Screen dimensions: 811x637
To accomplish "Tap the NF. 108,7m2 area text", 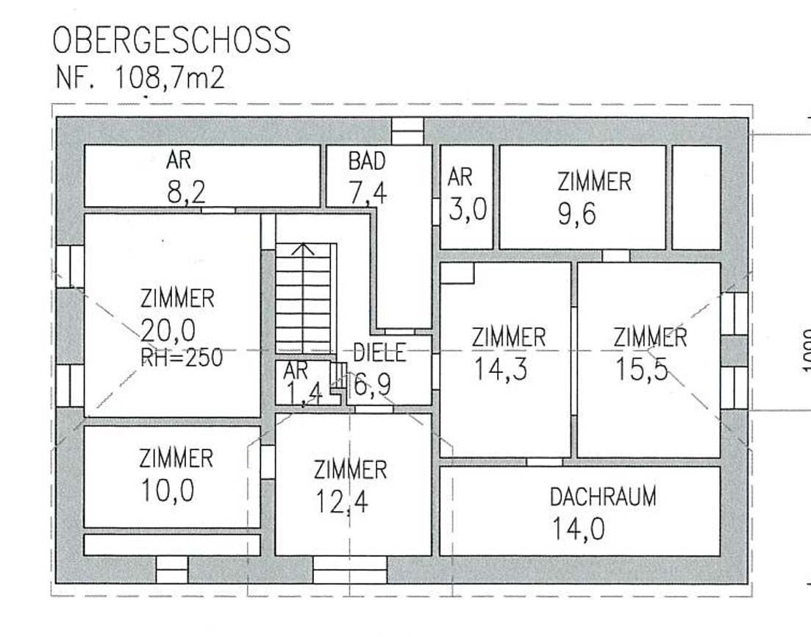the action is (x=140, y=78).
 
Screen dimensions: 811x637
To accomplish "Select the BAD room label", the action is (x=367, y=161).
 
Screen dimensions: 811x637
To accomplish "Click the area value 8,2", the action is (x=186, y=192).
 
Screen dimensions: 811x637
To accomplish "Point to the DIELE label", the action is (x=379, y=352).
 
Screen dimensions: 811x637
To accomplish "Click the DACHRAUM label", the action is (x=603, y=497).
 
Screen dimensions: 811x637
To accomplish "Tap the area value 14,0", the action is (x=578, y=530).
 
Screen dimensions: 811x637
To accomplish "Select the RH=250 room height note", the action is (x=182, y=357).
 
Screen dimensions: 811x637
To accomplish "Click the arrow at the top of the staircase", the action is (x=303, y=249).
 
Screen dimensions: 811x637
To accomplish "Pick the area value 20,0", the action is (x=168, y=330).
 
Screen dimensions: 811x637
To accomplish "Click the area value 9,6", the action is (x=576, y=214).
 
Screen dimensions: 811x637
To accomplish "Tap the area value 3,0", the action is (x=468, y=210).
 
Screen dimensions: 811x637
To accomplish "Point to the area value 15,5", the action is (x=641, y=369).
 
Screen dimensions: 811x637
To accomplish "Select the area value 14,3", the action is (x=501, y=369).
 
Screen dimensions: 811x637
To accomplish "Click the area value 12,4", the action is (x=342, y=502).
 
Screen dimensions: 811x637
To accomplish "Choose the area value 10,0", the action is (x=168, y=491).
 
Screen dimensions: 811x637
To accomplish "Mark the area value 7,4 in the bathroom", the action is (x=368, y=194).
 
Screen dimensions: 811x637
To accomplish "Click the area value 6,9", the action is (x=371, y=385).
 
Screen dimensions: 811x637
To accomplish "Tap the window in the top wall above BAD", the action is (x=407, y=131).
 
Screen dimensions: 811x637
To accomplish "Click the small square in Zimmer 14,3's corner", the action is (x=457, y=273).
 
